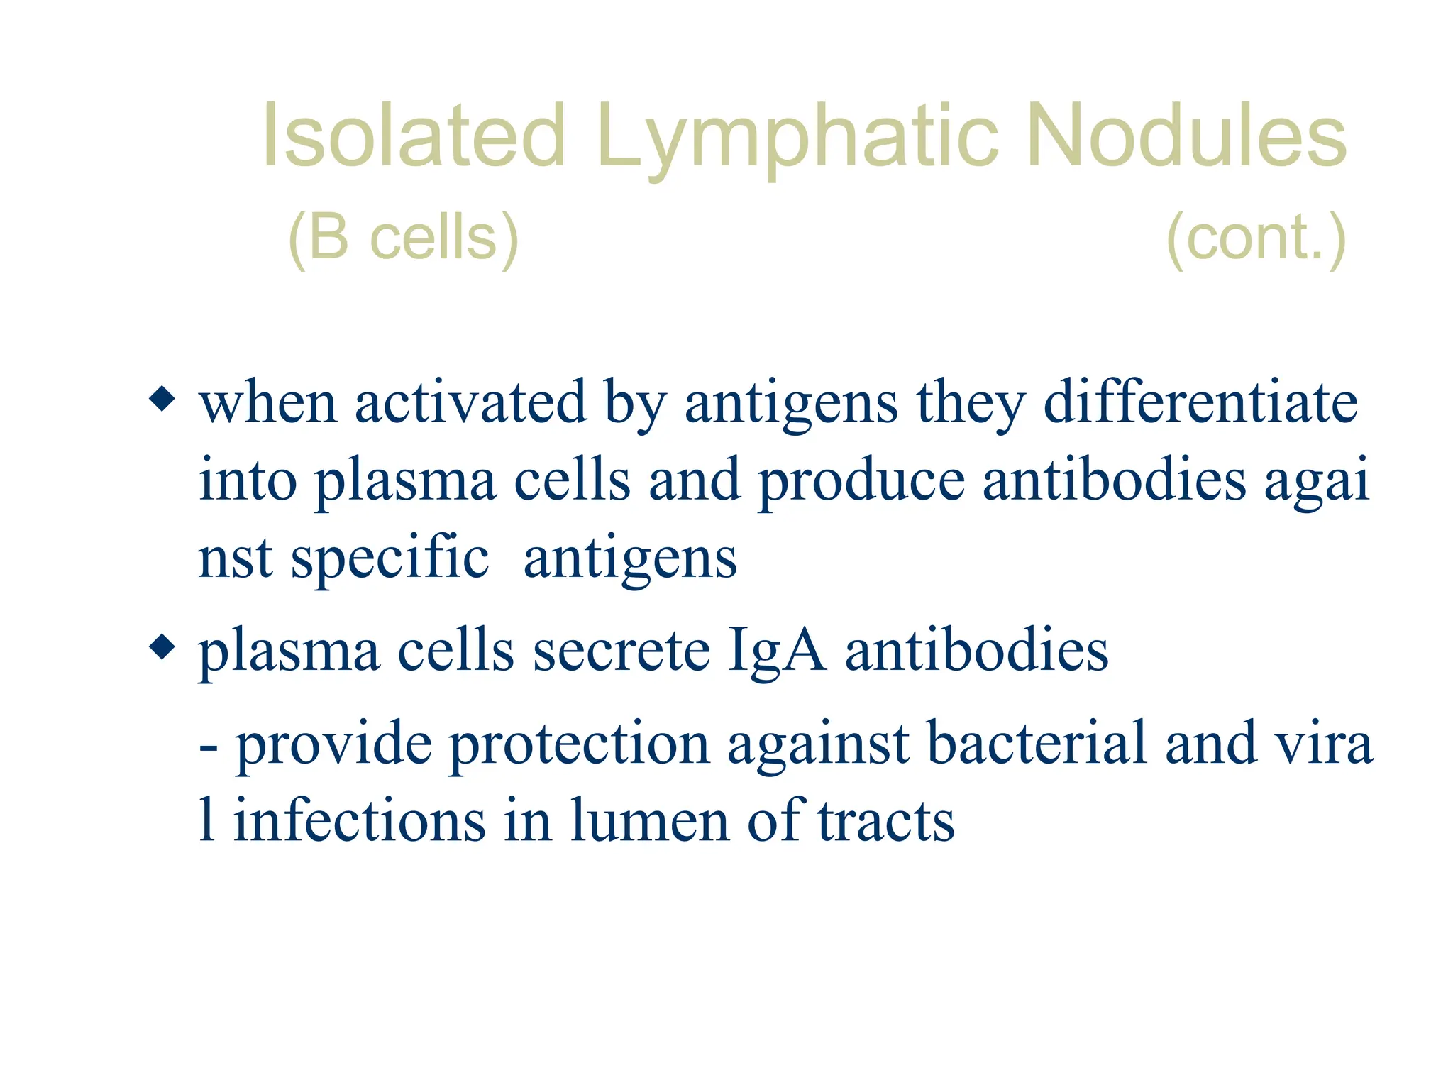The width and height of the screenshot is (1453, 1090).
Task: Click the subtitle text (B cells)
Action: tap(403, 238)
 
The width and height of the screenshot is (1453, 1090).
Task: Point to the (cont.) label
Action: tap(1256, 238)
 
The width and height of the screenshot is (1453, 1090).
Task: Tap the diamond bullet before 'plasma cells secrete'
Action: tap(162, 646)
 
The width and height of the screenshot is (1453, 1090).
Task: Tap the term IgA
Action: tap(777, 651)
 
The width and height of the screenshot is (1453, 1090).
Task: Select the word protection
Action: tap(579, 744)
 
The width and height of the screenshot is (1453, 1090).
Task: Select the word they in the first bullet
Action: tap(971, 403)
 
